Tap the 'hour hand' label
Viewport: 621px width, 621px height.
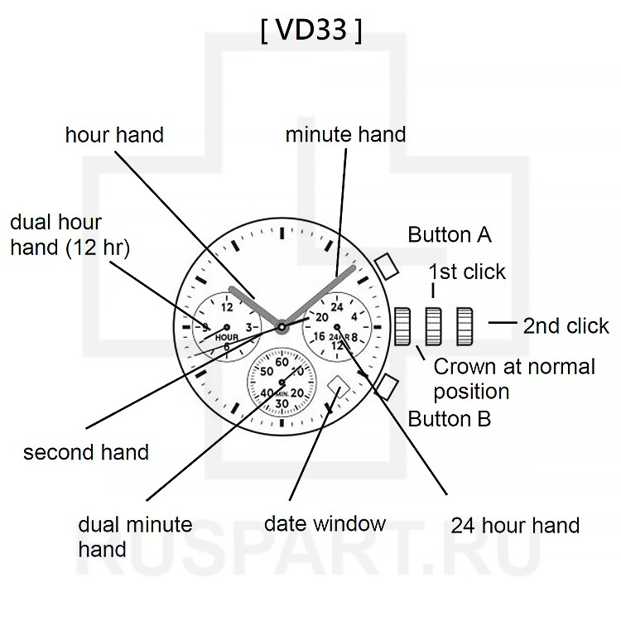(x=114, y=135)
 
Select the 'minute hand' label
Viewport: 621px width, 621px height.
(x=345, y=135)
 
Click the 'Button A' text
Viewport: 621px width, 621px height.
(x=450, y=235)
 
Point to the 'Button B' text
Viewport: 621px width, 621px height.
(x=450, y=418)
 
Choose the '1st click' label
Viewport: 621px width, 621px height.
(x=467, y=272)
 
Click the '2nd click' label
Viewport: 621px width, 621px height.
(x=566, y=325)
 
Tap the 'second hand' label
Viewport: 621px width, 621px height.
(x=86, y=452)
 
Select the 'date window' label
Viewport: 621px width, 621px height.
(x=325, y=523)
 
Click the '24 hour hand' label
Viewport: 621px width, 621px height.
(x=515, y=525)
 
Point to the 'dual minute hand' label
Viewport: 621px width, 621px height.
(x=134, y=537)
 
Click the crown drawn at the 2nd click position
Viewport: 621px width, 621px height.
(x=464, y=325)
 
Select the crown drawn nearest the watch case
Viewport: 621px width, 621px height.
(x=403, y=325)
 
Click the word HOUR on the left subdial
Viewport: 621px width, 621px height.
(x=226, y=337)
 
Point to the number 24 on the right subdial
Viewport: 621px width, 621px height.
(x=336, y=308)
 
